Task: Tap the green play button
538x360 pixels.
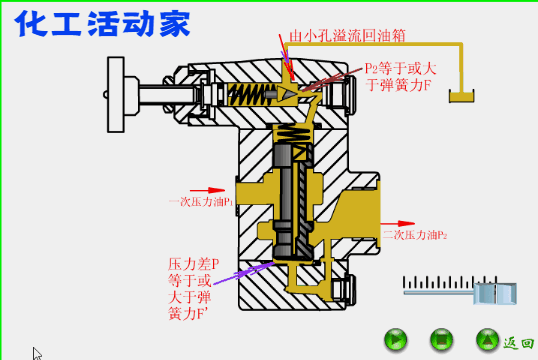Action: [396, 339]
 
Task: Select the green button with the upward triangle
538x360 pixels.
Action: [487, 339]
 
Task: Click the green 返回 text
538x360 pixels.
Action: [518, 341]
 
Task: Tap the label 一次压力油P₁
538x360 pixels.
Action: [201, 201]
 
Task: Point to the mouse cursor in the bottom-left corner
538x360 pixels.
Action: [37, 353]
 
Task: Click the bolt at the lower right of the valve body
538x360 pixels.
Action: [345, 287]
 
